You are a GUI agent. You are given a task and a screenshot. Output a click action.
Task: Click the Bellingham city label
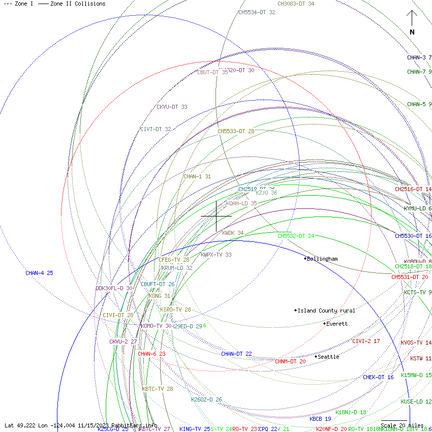[322, 259]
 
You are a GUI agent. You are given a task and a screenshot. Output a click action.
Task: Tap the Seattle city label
[328, 357]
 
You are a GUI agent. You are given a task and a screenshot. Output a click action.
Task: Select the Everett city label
[337, 324]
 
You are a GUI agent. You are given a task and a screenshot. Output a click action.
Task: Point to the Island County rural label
[326, 311]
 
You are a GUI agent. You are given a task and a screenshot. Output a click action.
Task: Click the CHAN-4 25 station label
[39, 273]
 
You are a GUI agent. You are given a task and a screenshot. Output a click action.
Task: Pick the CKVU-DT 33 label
[172, 107]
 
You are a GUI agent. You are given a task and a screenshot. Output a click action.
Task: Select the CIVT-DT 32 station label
[156, 130]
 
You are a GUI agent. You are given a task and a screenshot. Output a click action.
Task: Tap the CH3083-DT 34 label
[296, 4]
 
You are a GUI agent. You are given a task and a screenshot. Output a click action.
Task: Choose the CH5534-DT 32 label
[257, 12]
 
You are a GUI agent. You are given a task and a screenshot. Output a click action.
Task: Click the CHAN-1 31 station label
[197, 177]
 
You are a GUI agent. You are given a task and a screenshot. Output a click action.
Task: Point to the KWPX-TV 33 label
[216, 255]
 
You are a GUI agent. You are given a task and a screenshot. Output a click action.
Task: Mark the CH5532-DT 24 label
[296, 236]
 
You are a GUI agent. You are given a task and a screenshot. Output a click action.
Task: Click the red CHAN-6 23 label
[151, 354]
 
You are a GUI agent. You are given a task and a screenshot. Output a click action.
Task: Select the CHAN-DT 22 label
[236, 354]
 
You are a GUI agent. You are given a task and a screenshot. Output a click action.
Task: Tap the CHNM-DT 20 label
[290, 362]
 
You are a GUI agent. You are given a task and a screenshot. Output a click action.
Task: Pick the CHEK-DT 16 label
[378, 378]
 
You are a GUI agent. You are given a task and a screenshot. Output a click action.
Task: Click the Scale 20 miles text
[402, 425]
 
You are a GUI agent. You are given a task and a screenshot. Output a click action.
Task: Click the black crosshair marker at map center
[217, 216]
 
